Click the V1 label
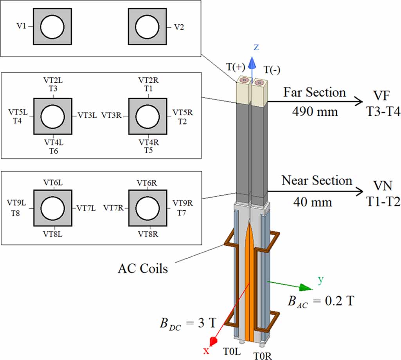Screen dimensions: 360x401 click(22, 27)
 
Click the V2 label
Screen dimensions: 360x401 click(178, 27)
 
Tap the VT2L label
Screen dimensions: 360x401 click(53, 80)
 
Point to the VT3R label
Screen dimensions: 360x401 click(111, 116)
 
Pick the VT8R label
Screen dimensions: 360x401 click(147, 234)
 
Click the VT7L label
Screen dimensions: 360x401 click(86, 208)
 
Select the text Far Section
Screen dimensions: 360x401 click(315, 93)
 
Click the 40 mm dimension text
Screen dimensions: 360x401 click(313, 202)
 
